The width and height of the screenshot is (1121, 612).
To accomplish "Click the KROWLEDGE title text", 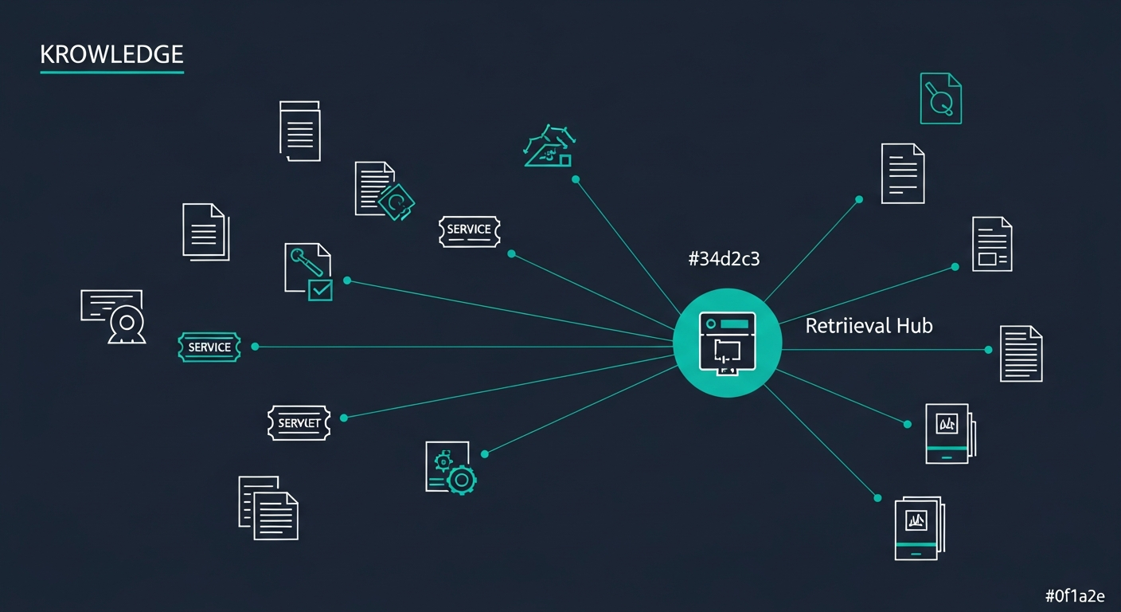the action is point(111,54).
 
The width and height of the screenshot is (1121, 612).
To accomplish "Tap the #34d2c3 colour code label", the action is point(724,258).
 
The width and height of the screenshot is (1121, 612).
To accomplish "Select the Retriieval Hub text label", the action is point(869,326).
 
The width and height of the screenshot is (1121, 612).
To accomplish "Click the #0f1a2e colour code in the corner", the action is point(1075,596).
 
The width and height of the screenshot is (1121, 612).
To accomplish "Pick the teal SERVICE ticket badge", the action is point(209,347).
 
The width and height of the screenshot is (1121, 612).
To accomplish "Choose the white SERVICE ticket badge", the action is point(470,231).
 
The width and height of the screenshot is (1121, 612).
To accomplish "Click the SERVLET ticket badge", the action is point(299,423).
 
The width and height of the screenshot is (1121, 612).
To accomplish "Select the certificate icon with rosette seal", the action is point(113,316).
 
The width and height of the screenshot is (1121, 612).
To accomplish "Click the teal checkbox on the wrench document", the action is point(320,290).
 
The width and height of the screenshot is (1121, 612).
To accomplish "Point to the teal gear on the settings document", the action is point(462,481).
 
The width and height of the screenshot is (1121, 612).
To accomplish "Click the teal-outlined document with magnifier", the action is point(941,98).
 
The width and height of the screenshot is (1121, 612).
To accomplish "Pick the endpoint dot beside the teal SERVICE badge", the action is point(255,347).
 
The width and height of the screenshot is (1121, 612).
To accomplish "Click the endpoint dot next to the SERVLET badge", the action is point(344,418).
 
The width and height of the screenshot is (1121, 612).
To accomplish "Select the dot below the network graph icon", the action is point(576,179).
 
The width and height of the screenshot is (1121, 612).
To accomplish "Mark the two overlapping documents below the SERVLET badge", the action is point(268,508).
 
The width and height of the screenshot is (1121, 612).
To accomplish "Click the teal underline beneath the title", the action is point(111,73).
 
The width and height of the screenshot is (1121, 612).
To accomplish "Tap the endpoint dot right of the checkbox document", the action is point(347,280).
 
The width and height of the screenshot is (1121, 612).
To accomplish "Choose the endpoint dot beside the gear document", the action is point(484,454).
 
